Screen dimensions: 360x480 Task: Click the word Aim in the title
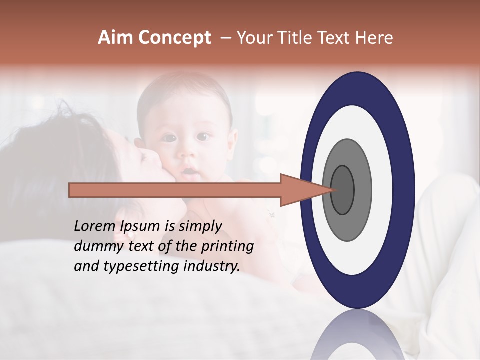(115, 38)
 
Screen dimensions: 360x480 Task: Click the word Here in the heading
(374, 38)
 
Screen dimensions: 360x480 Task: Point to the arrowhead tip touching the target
(334, 190)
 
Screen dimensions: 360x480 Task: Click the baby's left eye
(202, 136)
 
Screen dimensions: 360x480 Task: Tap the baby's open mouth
(188, 172)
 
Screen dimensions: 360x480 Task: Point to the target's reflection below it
(357, 335)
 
